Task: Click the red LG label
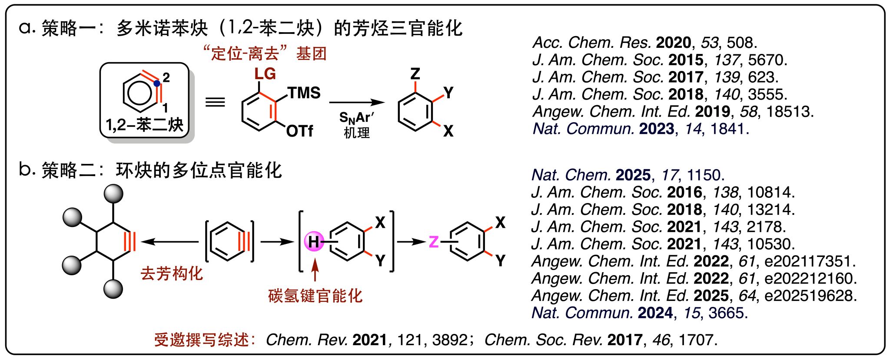click(265, 74)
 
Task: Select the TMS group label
click(304, 93)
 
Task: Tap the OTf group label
click(299, 131)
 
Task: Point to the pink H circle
click(314, 241)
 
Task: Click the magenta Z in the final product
click(433, 242)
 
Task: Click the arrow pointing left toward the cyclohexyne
click(169, 241)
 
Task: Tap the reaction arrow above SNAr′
click(356, 103)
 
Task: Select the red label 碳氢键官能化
click(315, 296)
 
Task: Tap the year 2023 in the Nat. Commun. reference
click(656, 129)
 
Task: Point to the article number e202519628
click(810, 296)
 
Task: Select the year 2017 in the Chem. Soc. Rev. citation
click(625, 340)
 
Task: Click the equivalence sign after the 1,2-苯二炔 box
click(215, 102)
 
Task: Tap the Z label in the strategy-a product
click(415, 73)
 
